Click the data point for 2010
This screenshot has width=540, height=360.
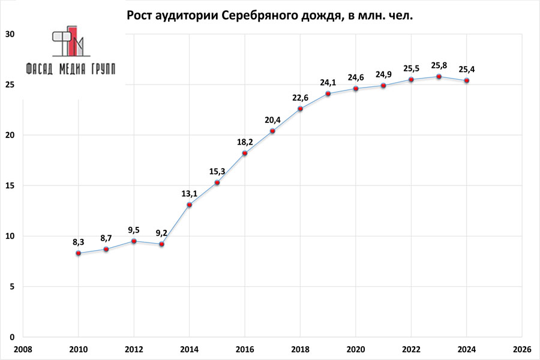pos(78,253)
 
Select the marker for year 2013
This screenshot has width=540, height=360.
pos(161,244)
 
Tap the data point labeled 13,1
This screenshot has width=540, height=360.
pos(189,205)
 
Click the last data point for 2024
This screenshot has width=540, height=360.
pos(467,80)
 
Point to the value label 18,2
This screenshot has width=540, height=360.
pos(245,142)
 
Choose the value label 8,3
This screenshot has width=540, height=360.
pos(78,242)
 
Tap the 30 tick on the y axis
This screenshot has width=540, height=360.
pos(10,34)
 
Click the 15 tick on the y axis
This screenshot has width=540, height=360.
pos(10,185)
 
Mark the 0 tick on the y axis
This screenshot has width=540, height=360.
pos(12,337)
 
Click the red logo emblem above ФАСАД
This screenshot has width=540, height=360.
pos(71,41)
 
